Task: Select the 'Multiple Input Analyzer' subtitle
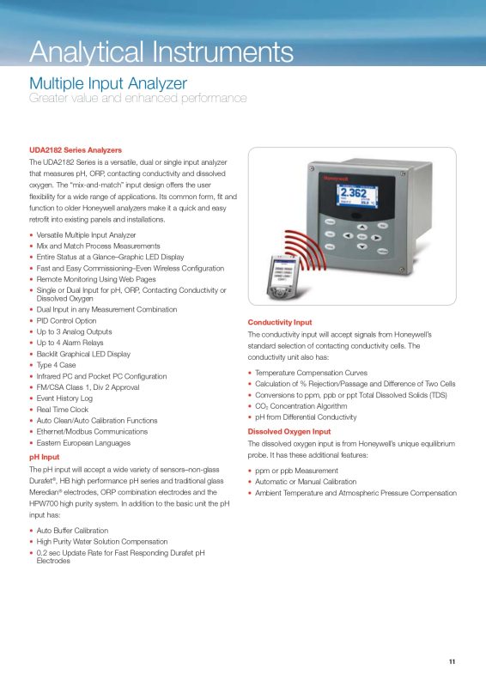point(108,83)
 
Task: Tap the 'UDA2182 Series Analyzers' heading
point(76,150)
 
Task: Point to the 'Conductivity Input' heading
point(280,321)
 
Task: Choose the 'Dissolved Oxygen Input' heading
point(289,431)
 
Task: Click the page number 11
point(452,661)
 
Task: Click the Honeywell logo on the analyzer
point(335,179)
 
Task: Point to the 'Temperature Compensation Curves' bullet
point(311,373)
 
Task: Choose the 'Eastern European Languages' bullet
point(83,443)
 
